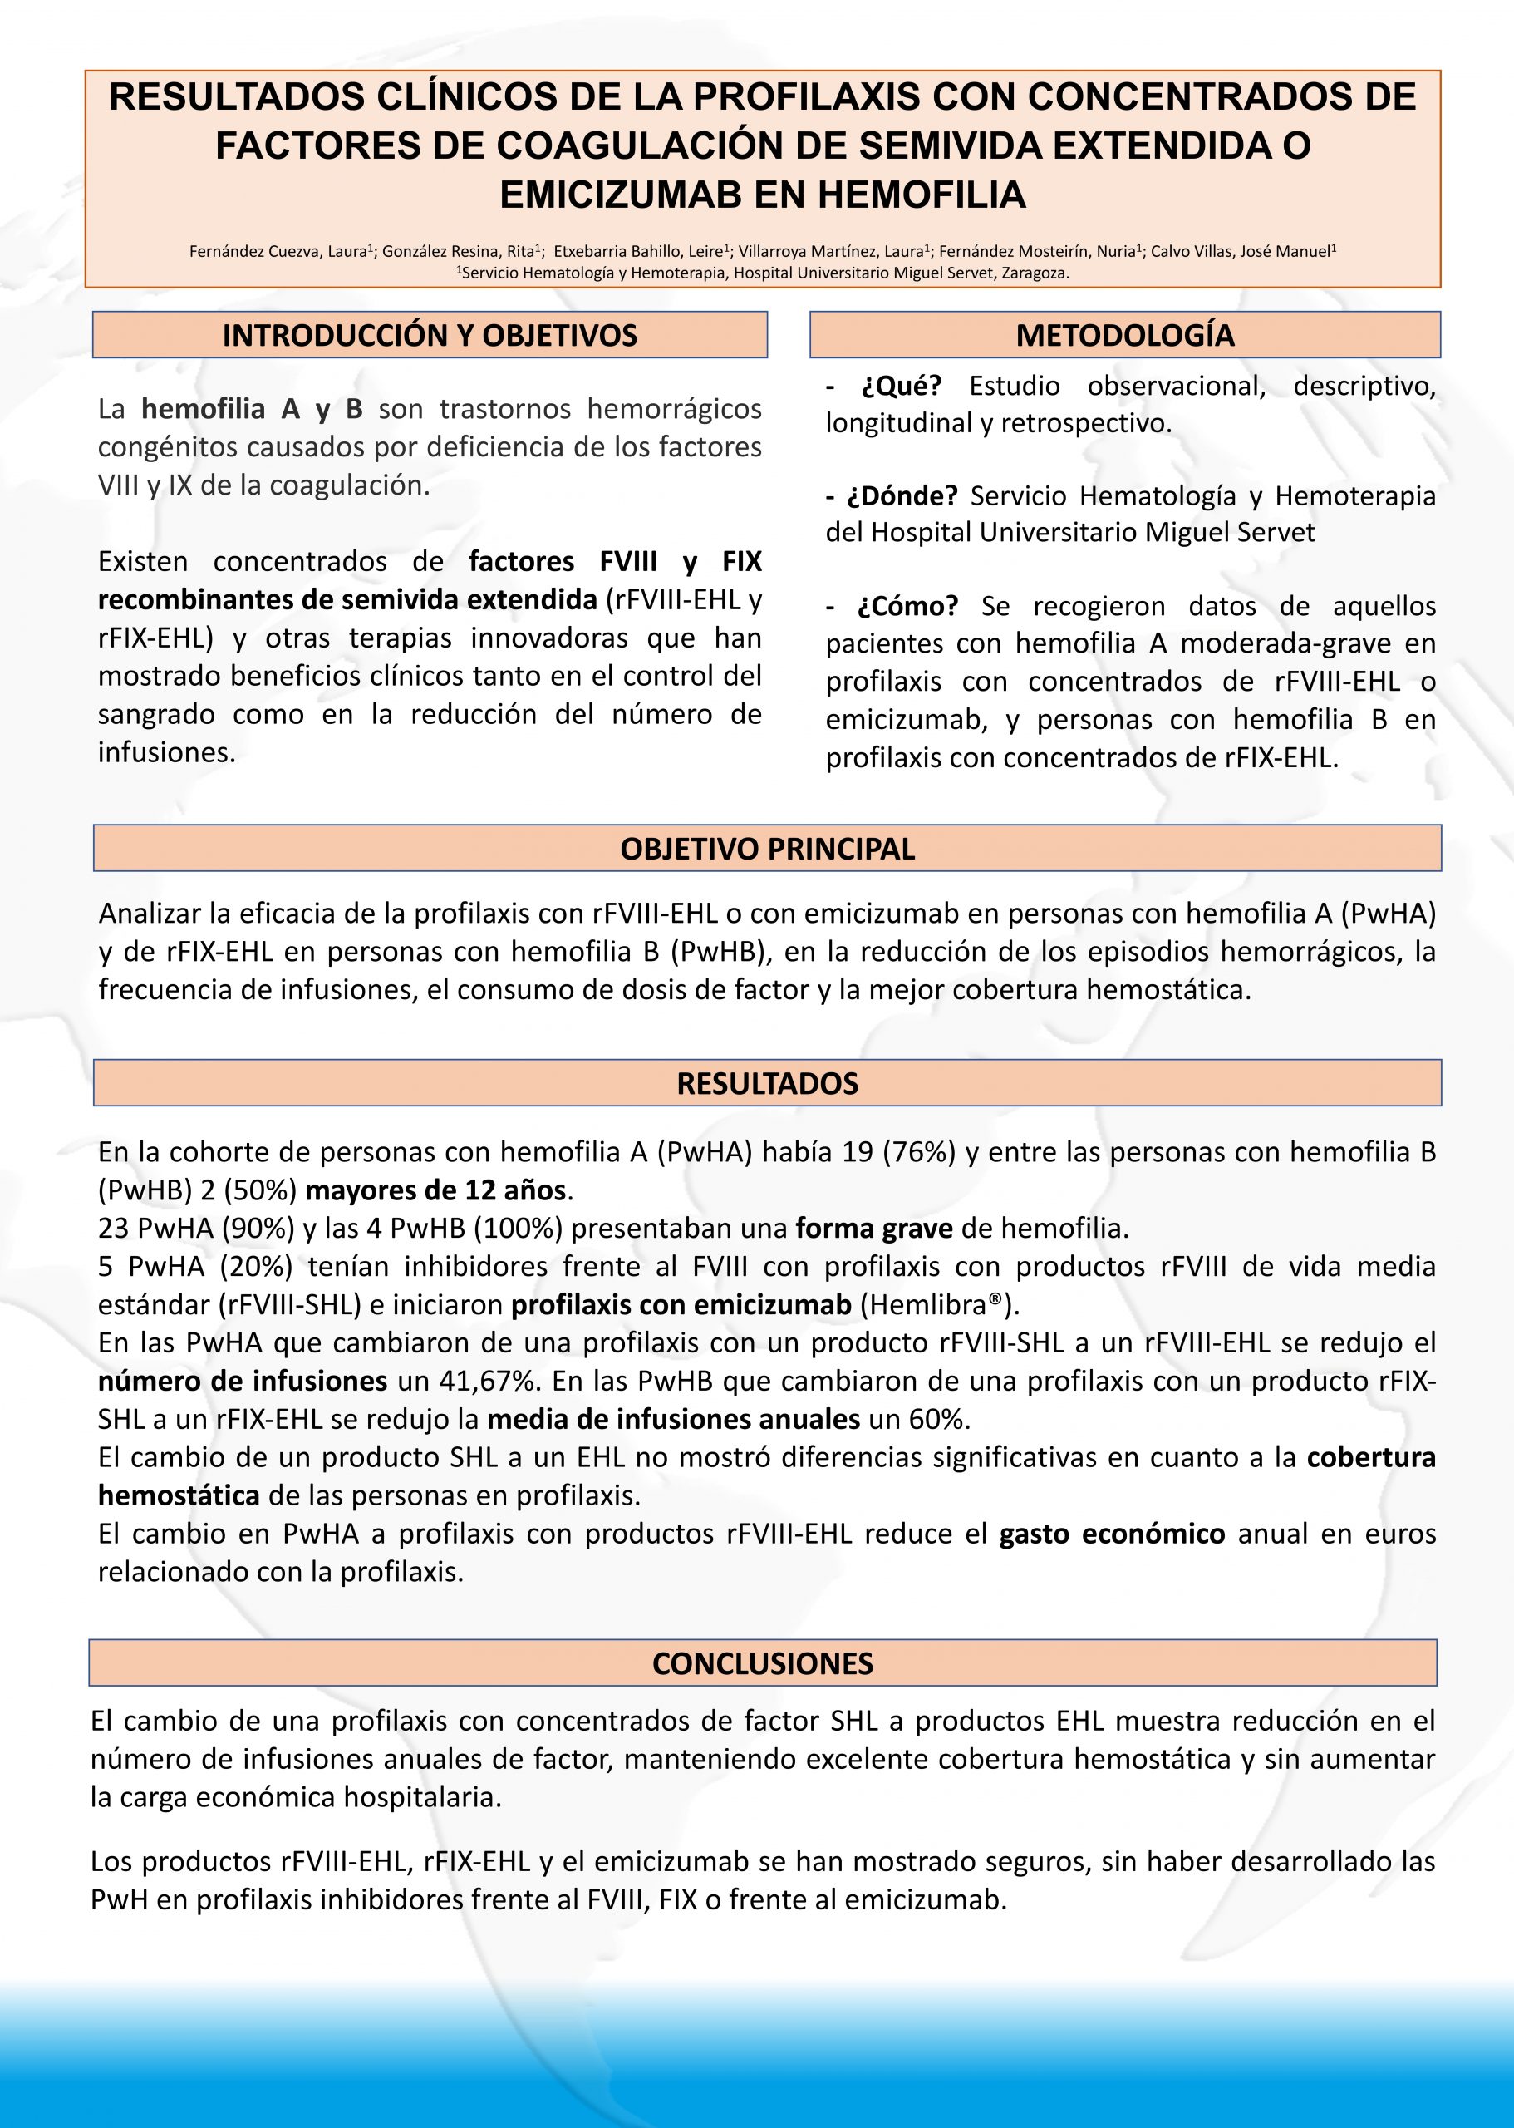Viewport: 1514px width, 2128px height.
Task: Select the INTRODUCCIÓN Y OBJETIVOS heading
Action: [x=430, y=336]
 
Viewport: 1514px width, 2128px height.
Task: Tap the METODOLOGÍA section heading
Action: [x=1124, y=336]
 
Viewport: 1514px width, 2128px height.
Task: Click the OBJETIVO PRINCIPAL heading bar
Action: [x=767, y=849]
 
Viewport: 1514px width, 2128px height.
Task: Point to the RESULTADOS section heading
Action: [x=767, y=1084]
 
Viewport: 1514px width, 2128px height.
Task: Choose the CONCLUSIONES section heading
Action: [x=763, y=1663]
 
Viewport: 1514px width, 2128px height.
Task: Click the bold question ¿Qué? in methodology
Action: [x=901, y=386]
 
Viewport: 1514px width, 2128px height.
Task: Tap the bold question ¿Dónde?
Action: [x=902, y=496]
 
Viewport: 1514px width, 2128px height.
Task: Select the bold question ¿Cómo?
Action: [x=907, y=606]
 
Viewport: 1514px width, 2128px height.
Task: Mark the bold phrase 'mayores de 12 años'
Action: [x=435, y=1191]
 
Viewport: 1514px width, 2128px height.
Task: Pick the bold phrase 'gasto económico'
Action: [x=1111, y=1534]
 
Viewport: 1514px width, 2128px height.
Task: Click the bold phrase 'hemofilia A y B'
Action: [x=252, y=409]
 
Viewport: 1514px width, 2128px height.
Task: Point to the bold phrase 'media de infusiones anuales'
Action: [x=673, y=1419]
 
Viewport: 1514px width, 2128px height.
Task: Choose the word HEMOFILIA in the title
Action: [x=922, y=195]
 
